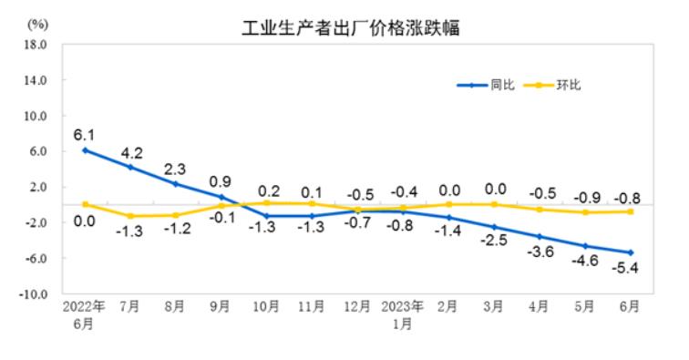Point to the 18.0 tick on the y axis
click(36, 44)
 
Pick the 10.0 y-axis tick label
click(36, 116)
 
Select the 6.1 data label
click(85, 134)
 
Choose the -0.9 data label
click(584, 197)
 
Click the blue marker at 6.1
click(85, 149)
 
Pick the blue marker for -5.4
click(630, 252)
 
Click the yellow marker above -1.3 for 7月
click(130, 216)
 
